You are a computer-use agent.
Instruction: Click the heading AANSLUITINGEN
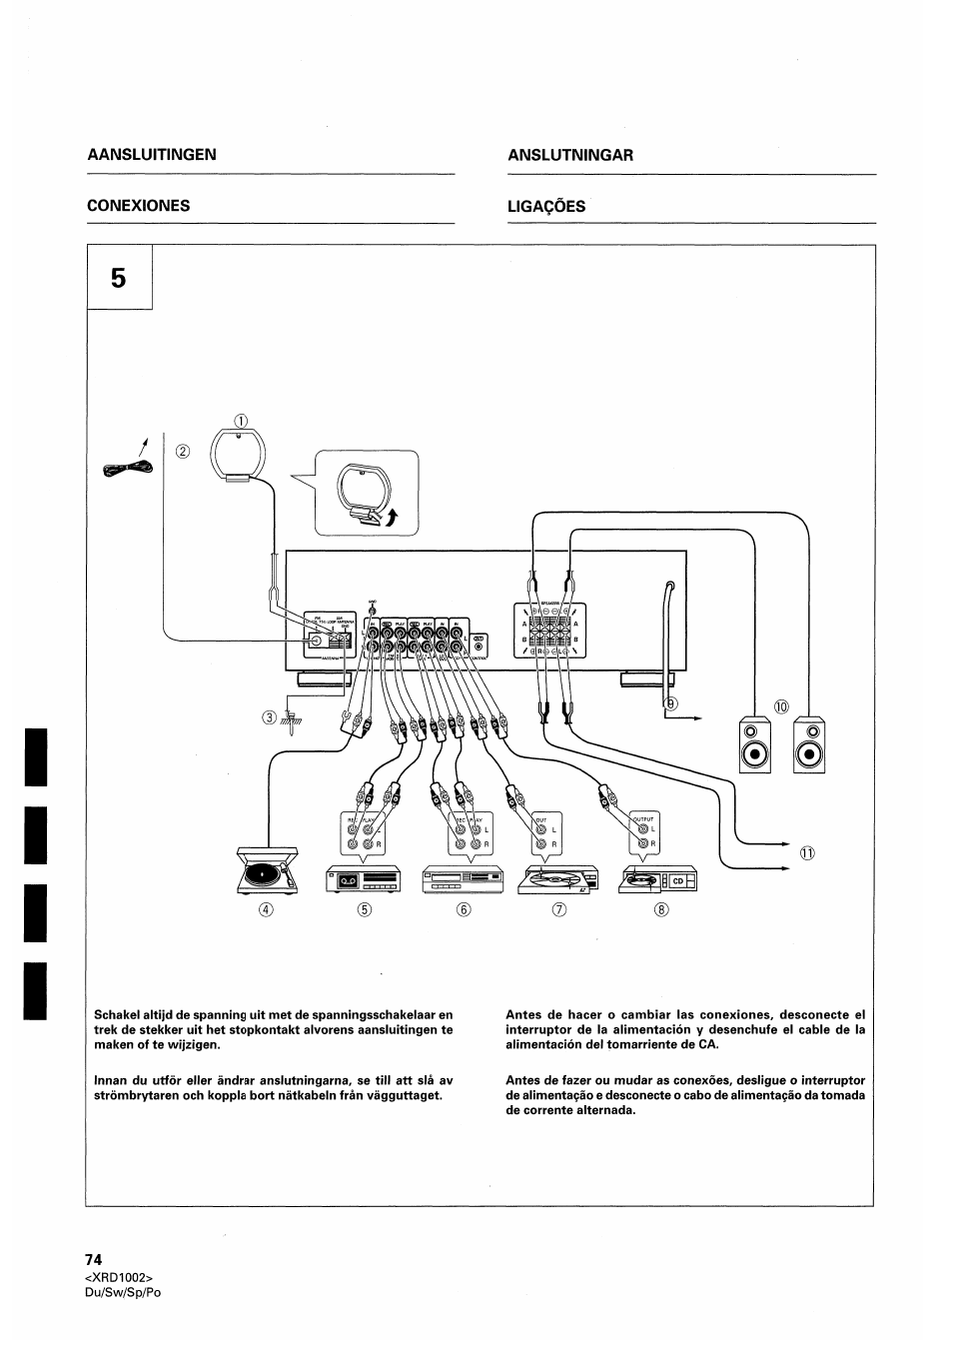tap(152, 155)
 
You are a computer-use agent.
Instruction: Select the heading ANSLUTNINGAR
tap(570, 155)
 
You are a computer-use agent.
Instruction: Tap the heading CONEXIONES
tap(139, 206)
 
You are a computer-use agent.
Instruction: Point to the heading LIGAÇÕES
tap(546, 206)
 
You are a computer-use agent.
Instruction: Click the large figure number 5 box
tap(119, 278)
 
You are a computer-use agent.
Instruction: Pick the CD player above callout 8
tap(658, 879)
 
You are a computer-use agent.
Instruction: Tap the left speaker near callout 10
tap(756, 745)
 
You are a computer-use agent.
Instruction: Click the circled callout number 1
tap(239, 419)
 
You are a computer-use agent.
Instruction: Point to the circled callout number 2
tap(182, 450)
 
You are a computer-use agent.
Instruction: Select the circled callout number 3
tap(269, 715)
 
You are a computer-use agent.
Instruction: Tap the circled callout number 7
tap(559, 909)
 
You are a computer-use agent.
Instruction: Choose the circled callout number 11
tap(807, 852)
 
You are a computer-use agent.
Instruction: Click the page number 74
tap(94, 1259)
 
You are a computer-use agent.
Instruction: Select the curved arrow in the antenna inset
tap(392, 516)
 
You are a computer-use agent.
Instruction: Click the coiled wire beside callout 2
tap(127, 469)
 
